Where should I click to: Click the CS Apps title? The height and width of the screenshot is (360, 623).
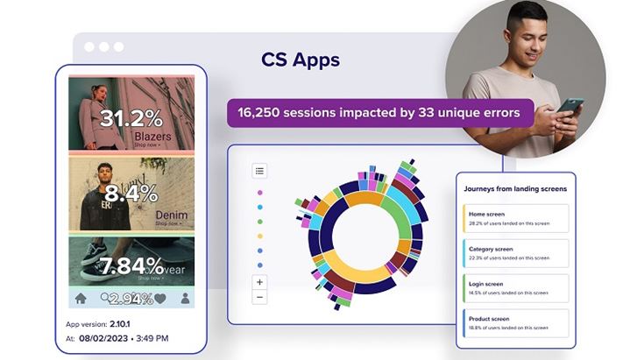301,60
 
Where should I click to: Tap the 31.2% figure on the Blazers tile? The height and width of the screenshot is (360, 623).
131,118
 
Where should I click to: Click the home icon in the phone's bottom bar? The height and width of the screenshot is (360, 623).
81,298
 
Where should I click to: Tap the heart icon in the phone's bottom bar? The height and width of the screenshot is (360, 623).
159,298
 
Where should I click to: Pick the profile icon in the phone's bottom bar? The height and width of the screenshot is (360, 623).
185,298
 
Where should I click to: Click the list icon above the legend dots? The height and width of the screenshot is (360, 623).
259,171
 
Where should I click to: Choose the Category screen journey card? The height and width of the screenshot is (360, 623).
515,253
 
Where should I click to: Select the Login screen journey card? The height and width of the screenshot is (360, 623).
515,288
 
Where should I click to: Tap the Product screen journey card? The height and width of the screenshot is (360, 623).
515,323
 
